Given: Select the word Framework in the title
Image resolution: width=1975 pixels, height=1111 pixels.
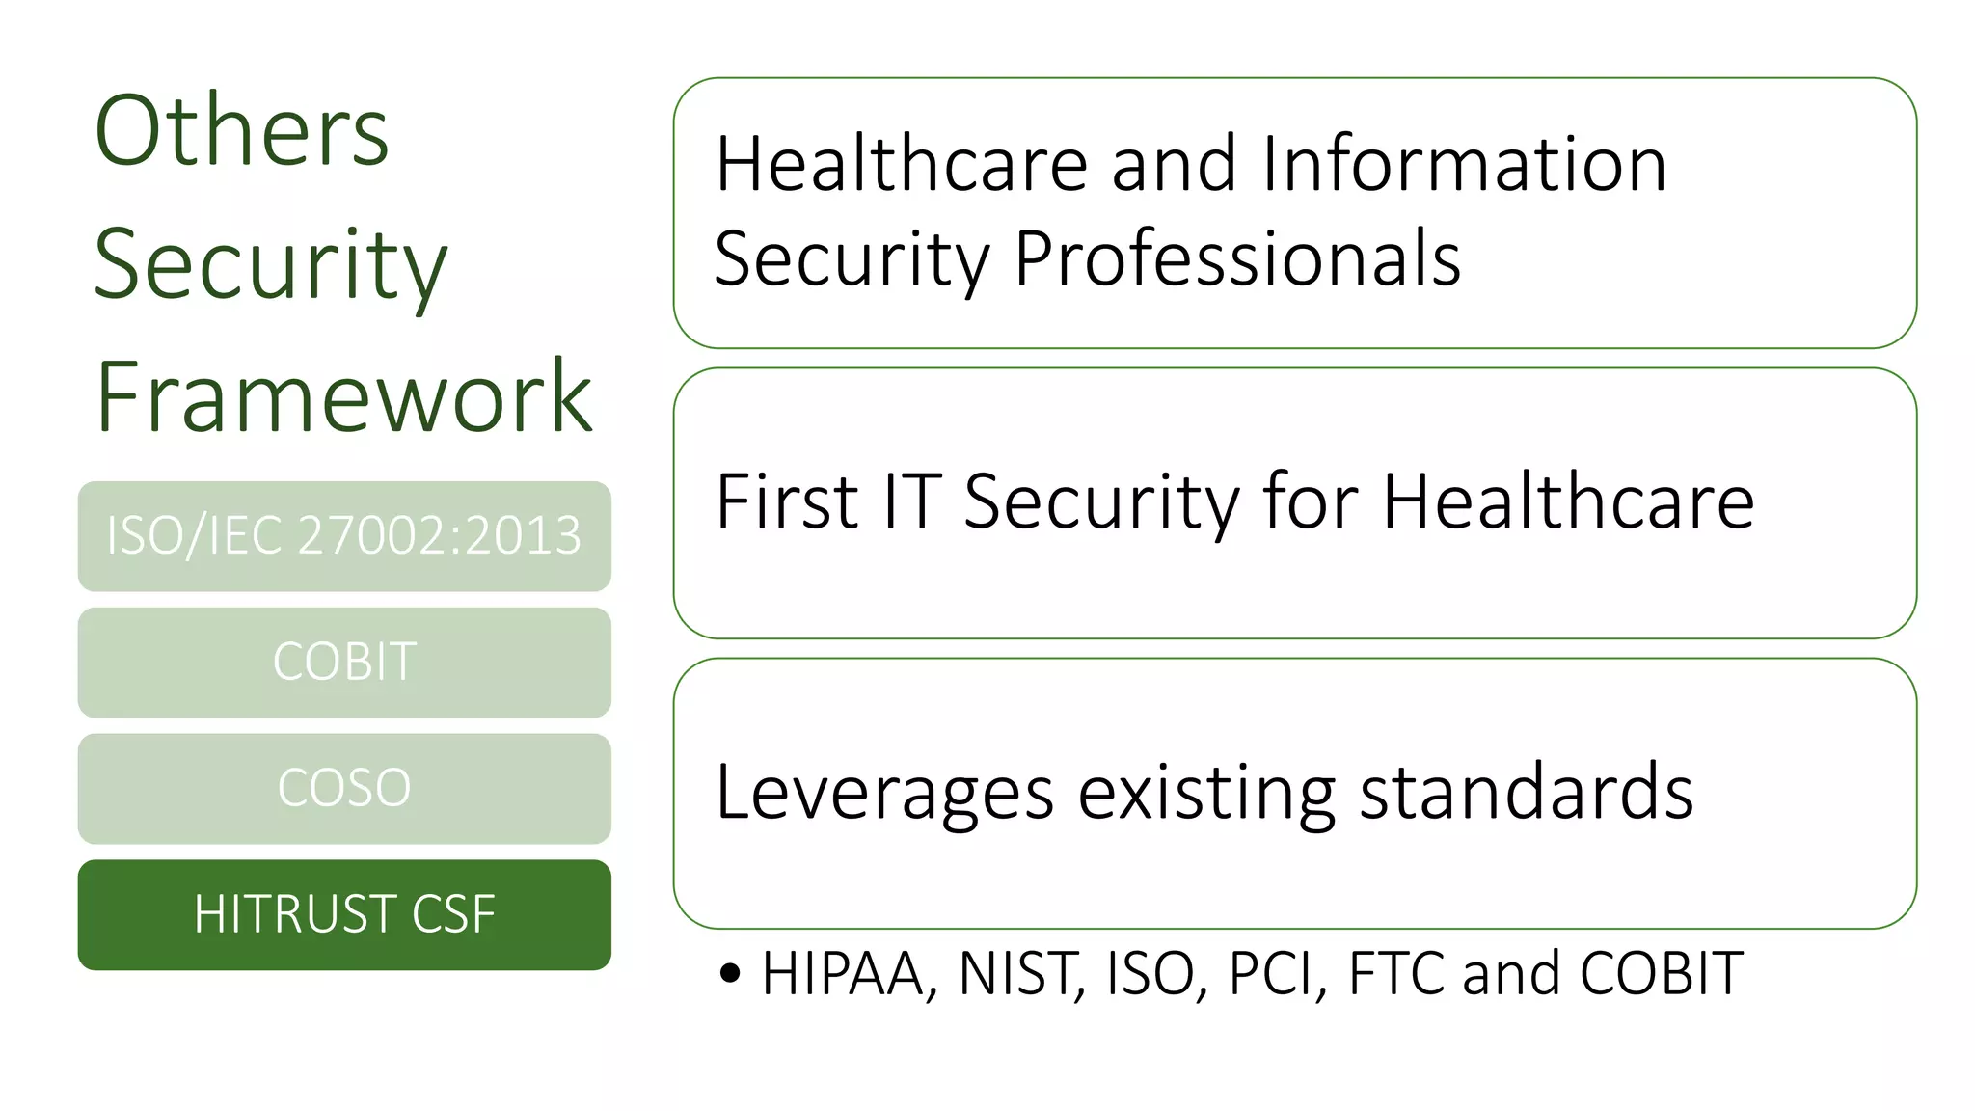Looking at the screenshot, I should click(x=343, y=396).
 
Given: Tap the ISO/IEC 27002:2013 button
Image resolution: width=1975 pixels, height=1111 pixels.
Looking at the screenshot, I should click(x=344, y=536).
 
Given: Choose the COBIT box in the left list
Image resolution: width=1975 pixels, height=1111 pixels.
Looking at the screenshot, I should click(x=344, y=663).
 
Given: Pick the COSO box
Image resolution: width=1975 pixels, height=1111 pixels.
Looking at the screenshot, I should click(x=344, y=788).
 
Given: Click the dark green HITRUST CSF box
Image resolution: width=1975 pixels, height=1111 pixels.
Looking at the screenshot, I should click(x=344, y=914).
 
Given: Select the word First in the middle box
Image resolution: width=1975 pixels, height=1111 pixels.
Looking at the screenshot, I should click(x=787, y=501).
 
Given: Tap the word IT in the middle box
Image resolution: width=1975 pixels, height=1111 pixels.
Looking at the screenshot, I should click(x=910, y=501).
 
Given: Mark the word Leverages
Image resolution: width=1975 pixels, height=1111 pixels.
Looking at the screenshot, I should click(x=884, y=793).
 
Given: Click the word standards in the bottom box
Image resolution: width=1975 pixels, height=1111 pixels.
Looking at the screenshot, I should click(x=1526, y=793).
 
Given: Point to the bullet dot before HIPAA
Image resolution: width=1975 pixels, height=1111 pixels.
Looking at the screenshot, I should click(x=730, y=973).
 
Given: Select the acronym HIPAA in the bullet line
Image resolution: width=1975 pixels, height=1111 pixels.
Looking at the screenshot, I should click(x=843, y=973).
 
